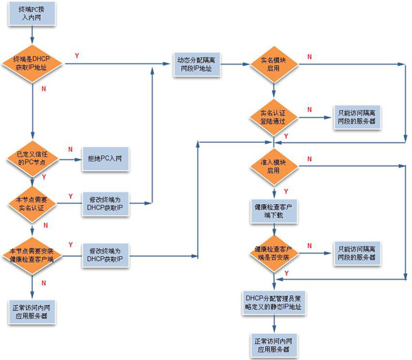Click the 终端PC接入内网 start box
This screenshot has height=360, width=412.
[33, 15]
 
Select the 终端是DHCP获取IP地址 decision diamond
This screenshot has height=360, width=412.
[33, 65]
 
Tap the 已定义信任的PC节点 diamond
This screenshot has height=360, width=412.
[33, 157]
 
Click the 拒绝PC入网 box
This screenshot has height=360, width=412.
[104, 159]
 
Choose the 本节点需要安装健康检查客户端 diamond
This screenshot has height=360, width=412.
[33, 254]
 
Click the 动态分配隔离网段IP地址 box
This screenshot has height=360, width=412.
[196, 65]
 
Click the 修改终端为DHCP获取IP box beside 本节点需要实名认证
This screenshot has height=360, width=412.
[104, 203]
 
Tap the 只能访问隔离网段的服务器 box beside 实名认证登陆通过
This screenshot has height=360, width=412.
[356, 117]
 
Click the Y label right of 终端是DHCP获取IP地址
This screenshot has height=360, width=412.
[76, 55]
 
